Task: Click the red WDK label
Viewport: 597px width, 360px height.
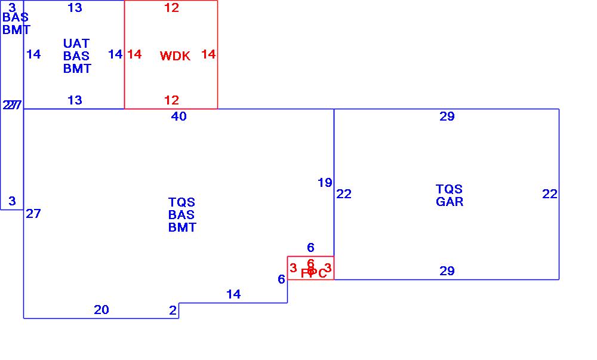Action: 175,56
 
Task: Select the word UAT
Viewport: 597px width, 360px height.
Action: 76,44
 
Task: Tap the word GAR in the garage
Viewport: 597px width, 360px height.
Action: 450,202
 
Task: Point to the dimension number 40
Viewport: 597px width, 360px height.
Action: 179,116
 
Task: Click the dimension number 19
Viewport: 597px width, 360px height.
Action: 325,183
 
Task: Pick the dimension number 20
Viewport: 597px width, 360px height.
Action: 101,309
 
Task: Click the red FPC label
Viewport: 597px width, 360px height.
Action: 314,273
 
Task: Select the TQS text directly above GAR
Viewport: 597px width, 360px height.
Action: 450,189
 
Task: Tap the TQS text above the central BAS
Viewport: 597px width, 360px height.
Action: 181,202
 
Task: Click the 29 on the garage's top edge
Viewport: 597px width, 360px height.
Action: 447,116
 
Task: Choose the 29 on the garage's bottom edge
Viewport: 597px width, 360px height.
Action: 447,271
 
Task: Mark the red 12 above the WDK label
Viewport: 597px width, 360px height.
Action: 171,8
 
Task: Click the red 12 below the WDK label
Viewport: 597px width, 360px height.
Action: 171,100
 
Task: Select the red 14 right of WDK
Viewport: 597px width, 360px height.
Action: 208,54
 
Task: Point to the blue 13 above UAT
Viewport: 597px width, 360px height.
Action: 75,8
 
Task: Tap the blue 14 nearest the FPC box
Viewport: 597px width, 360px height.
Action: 233,294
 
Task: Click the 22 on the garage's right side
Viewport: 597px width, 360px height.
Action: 550,194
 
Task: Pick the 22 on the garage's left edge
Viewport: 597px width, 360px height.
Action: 344,194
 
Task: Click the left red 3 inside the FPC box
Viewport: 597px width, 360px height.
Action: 293,268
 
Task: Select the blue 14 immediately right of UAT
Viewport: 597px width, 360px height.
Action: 115,54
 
